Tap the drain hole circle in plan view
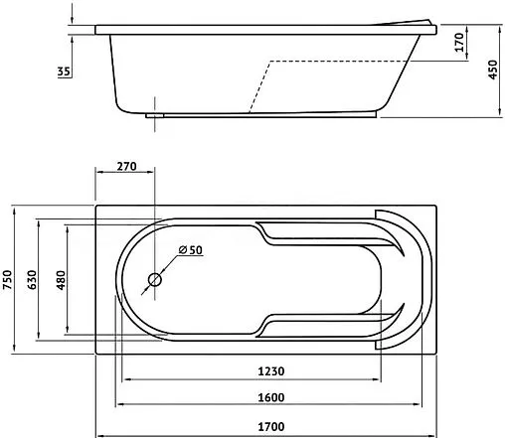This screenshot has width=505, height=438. pos(154,280)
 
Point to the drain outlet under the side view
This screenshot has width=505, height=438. pos(154,114)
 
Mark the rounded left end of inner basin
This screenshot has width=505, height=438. pos(122,280)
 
